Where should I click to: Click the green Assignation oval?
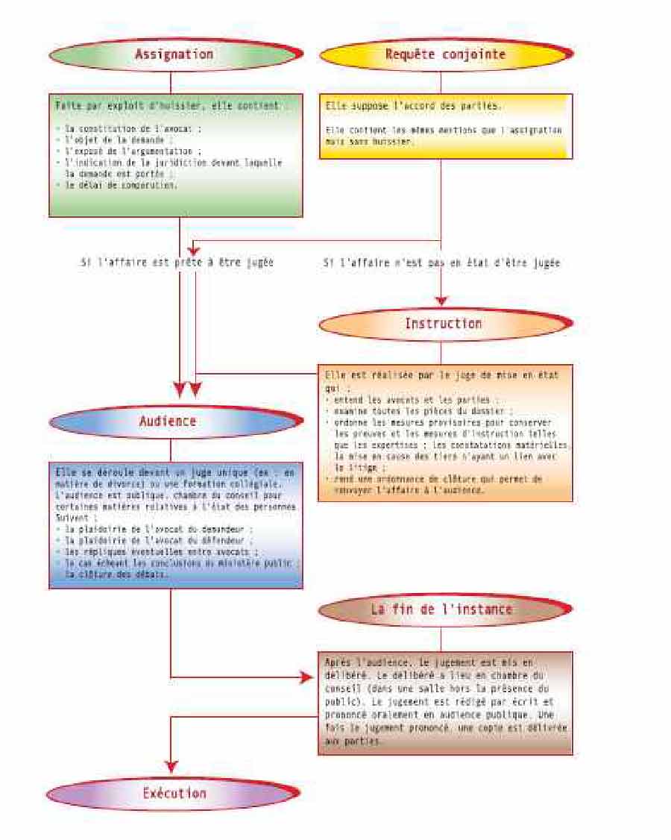point(174,54)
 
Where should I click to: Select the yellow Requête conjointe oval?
point(445,54)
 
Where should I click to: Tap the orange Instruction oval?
point(444,324)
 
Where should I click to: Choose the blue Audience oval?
point(168,421)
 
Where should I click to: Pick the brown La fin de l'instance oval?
point(442,609)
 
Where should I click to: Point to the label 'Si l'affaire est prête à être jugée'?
point(177,263)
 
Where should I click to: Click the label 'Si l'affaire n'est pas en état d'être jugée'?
point(441,263)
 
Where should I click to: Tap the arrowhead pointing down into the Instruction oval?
point(441,301)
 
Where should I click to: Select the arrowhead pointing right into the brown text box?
point(305,677)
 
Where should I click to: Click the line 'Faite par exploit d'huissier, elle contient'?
point(171,106)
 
